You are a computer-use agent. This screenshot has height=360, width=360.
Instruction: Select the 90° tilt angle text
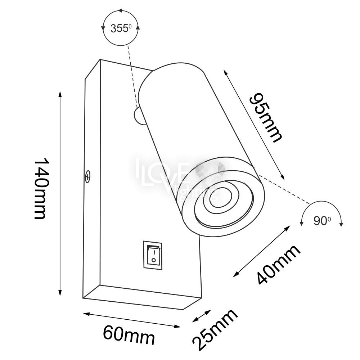(x=322, y=221)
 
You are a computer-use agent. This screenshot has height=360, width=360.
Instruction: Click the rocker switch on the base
(x=153, y=255)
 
